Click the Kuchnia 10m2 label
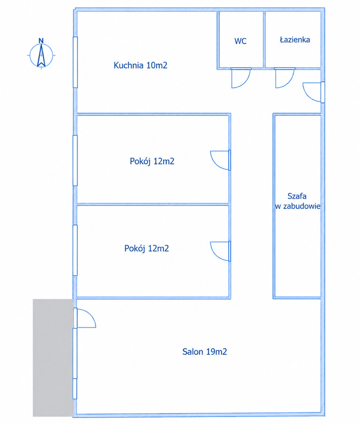[140, 65]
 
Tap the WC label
[240, 41]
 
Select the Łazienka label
[295, 40]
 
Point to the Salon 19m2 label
[204, 351]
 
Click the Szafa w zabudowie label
[298, 201]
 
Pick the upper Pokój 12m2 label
[152, 161]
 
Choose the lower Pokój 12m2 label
[147, 248]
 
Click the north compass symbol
[41, 55]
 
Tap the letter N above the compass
[41, 41]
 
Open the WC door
[241, 78]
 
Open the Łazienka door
[285, 78]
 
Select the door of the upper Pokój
[220, 160]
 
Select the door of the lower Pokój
[220, 251]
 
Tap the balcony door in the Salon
[84, 318]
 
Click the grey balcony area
[53, 358]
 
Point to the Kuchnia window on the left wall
[75, 62]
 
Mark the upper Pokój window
[75, 160]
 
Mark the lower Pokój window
[75, 250]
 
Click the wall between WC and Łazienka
[264, 39]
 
